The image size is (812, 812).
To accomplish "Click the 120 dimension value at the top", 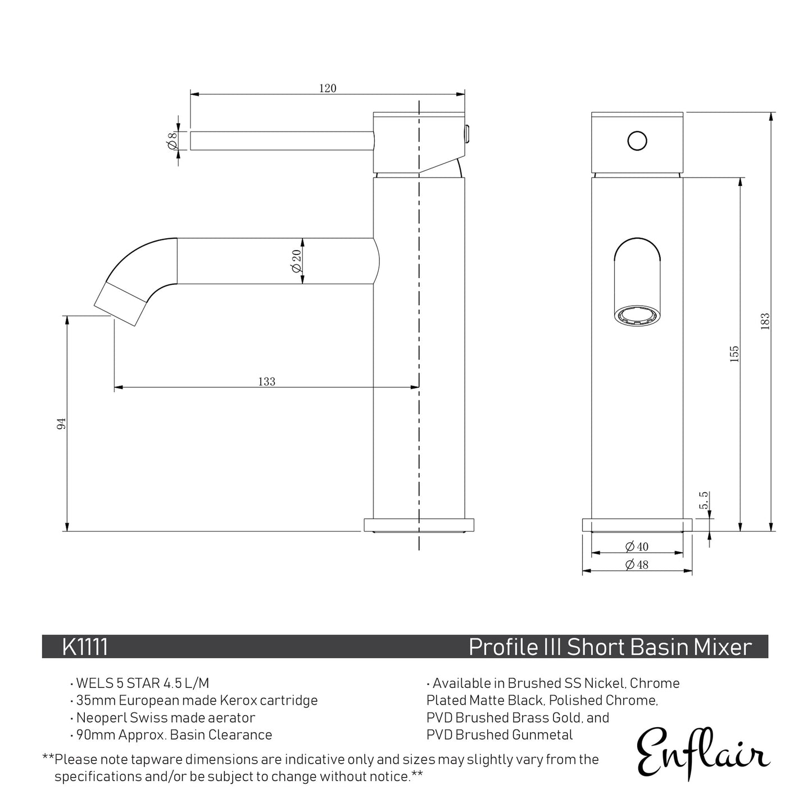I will pos(328,88).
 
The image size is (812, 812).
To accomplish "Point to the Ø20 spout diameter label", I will pos(296,261).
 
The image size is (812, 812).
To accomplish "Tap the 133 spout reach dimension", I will pos(267,382).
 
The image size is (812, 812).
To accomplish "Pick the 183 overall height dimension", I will pos(765,321).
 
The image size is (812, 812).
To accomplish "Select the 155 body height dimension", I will pos(734,354).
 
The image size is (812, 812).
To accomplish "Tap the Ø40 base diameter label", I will pos(636,546).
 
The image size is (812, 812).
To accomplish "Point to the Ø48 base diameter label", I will pos(636,565).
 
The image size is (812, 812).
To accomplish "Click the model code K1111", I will pos(85,647).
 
